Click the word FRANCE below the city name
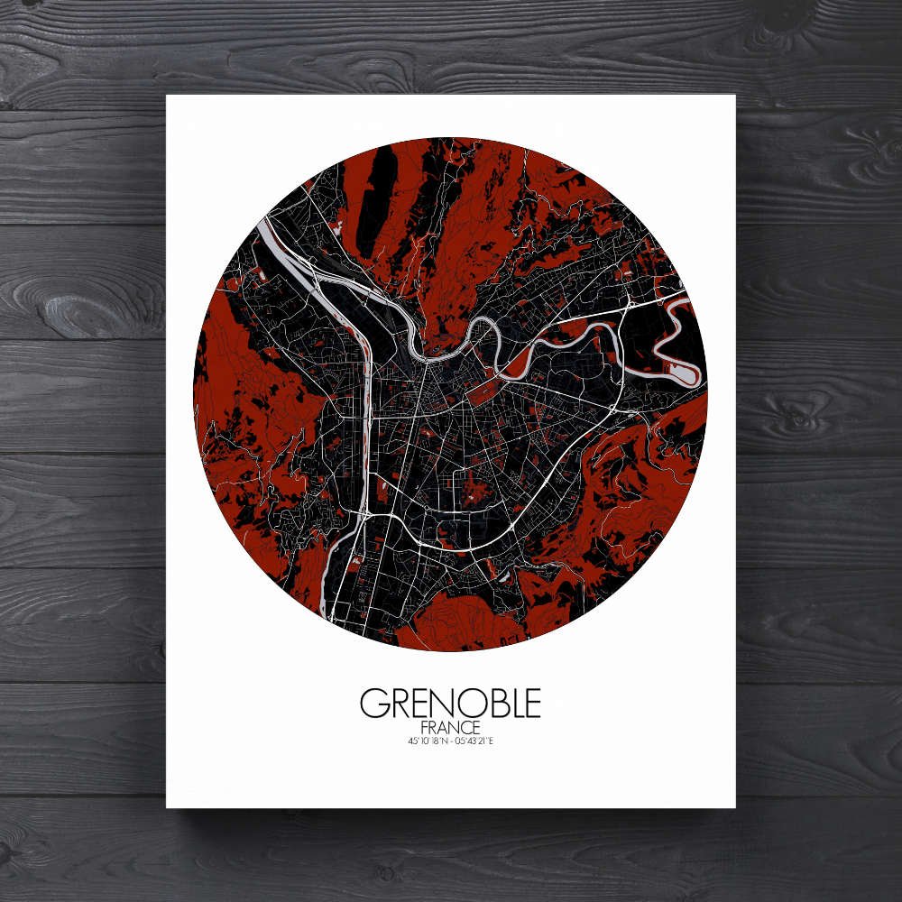pyautogui.click(x=450, y=728)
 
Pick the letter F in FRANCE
pyautogui.click(x=425, y=728)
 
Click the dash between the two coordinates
pyautogui.click(x=450, y=742)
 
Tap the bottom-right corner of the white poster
pyautogui.click(x=734, y=806)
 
